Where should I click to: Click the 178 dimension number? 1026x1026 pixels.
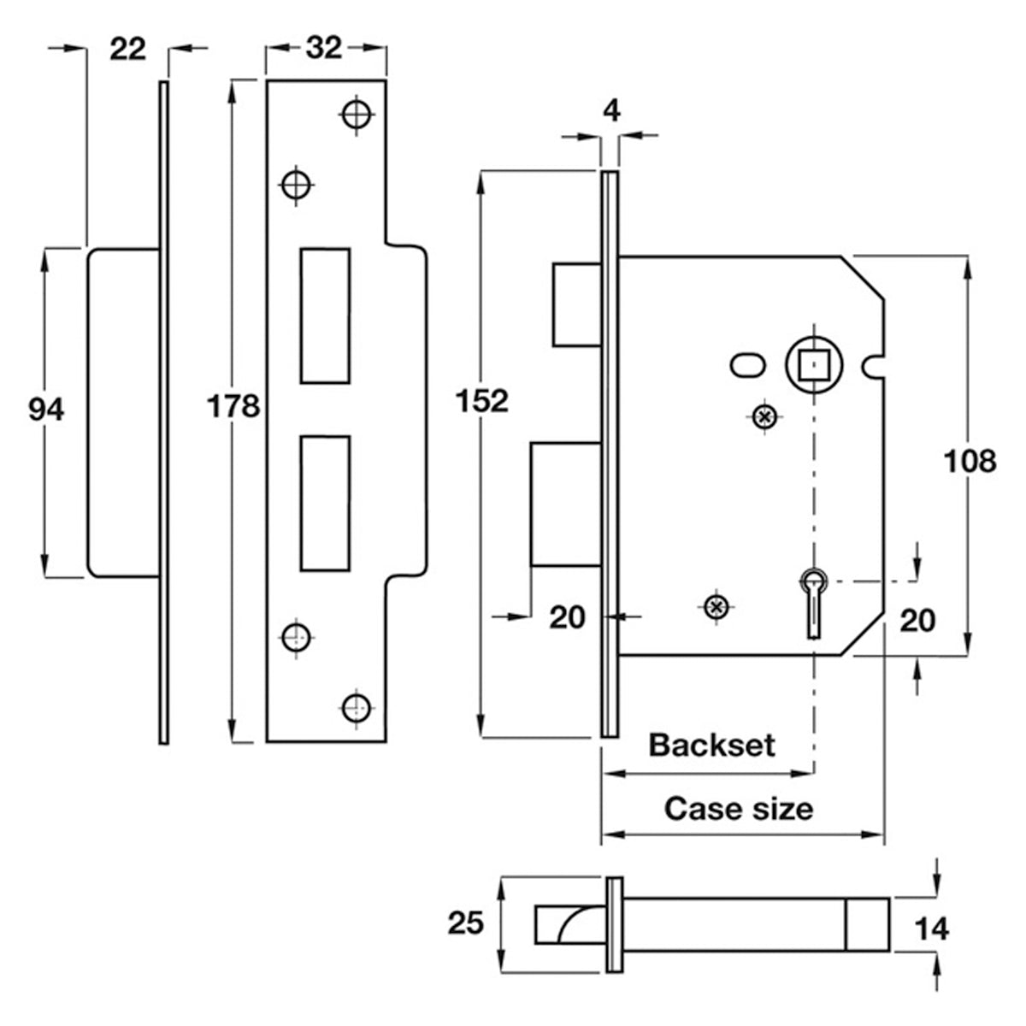(233, 406)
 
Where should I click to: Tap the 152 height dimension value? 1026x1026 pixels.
(482, 402)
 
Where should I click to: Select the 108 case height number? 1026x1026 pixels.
(970, 461)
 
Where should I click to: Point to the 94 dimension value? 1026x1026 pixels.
(46, 410)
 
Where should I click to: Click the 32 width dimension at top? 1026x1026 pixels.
(324, 49)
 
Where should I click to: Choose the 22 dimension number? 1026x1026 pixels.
(127, 50)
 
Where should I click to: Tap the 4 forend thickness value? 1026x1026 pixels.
(612, 112)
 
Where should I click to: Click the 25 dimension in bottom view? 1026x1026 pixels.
(466, 923)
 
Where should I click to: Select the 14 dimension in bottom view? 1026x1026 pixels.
(932, 929)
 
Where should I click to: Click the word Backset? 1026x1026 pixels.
(712, 746)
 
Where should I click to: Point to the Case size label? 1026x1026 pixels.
(739, 809)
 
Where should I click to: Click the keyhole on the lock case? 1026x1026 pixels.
(814, 603)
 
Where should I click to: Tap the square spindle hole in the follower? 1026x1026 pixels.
(814, 364)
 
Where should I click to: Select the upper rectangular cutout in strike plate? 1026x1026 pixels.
(325, 315)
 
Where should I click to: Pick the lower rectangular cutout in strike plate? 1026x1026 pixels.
(325, 504)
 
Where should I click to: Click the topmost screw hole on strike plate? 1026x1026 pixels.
(357, 114)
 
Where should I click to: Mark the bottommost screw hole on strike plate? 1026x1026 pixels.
(357, 708)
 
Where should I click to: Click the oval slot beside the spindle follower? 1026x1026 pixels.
(748, 366)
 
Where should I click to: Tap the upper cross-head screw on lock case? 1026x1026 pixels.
(765, 416)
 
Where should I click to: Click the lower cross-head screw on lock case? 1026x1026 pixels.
(716, 606)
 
